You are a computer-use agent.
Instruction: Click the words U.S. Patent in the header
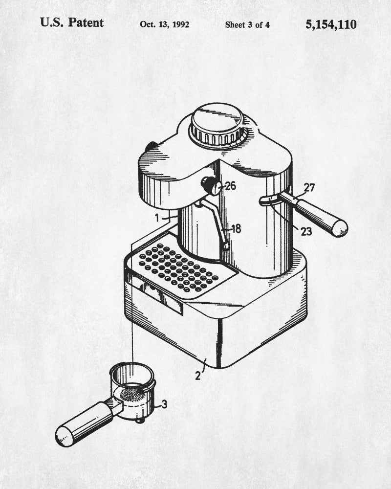72,23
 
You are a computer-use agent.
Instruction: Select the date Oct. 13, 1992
165,24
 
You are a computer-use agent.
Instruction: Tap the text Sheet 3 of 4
247,24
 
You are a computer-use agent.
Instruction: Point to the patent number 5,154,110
331,24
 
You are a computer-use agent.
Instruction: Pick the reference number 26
230,186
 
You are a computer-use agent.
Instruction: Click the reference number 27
309,187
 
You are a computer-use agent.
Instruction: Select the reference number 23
306,231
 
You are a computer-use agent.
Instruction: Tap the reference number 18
236,229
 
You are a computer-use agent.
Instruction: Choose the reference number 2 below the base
198,376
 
